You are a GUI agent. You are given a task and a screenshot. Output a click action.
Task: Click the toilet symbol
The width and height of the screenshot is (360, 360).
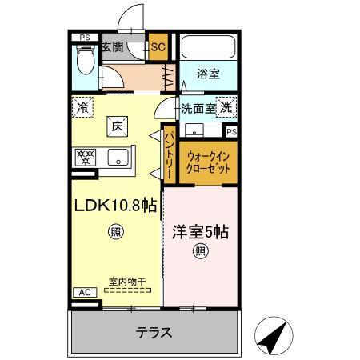(85, 58)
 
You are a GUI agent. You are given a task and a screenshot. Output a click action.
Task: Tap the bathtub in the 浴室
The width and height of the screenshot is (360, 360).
(208, 47)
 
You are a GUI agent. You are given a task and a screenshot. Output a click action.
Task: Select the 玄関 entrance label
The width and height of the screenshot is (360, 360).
(112, 47)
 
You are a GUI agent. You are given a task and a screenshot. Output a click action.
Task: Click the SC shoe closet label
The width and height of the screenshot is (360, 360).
(158, 47)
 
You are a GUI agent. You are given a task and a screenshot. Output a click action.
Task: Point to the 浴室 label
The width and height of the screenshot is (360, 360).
(208, 74)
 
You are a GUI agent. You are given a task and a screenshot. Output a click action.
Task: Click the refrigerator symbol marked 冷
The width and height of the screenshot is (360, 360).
(83, 106)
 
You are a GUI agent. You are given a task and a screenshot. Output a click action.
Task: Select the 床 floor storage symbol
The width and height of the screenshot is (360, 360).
(116, 125)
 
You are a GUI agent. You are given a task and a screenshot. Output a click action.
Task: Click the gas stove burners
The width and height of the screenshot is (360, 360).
(85, 156)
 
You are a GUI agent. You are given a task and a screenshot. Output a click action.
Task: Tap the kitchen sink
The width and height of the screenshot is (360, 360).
(118, 156)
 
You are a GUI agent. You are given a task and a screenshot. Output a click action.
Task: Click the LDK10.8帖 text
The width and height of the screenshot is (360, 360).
(115, 206)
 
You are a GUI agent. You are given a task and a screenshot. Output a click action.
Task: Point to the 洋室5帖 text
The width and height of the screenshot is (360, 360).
(200, 232)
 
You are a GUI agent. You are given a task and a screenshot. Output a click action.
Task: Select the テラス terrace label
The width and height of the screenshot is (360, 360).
(153, 332)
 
